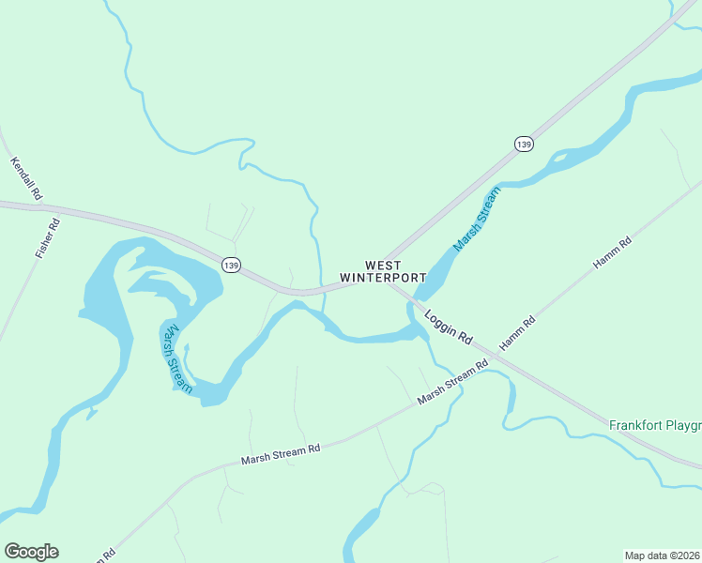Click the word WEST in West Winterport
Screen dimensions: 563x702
click(x=383, y=266)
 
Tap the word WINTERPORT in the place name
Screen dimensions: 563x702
click(x=383, y=279)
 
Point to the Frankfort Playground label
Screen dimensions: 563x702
click(x=654, y=424)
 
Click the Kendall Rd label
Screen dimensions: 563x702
click(x=26, y=178)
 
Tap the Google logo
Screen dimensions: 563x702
click(x=31, y=552)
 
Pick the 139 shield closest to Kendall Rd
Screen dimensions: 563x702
click(x=231, y=265)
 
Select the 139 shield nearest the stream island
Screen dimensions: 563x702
click(x=524, y=144)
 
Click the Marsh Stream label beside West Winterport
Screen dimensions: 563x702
click(x=477, y=219)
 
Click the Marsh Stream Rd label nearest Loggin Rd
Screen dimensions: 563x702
click(x=453, y=384)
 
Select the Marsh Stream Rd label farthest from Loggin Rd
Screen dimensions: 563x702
click(x=281, y=454)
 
